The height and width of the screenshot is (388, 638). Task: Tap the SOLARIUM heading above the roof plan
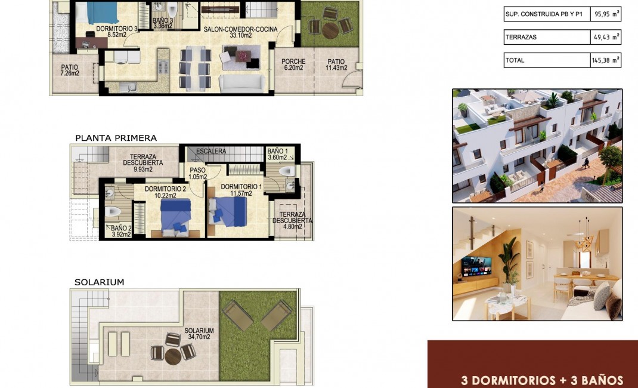99,282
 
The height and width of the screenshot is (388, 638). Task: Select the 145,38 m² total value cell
605,60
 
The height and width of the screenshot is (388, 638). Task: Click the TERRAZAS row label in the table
521,37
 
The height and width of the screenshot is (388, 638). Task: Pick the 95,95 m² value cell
605,14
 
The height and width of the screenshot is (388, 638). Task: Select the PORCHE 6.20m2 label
293,64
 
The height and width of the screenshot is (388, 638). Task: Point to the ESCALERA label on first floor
211,152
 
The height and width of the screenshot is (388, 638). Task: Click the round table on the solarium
173,356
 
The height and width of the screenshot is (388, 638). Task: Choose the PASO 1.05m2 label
198,173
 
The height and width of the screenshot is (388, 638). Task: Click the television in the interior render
476,264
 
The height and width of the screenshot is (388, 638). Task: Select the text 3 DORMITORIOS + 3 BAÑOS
542,380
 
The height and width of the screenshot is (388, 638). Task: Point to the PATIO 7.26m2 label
70,70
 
